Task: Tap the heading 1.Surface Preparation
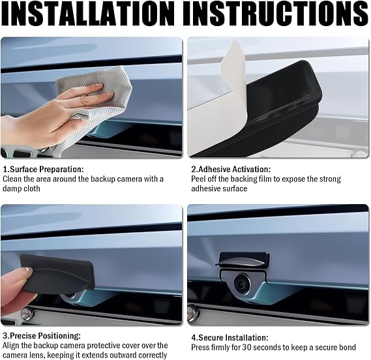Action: tap(43, 170)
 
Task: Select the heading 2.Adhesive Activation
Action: tap(231, 170)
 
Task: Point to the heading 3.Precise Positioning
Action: tap(42, 336)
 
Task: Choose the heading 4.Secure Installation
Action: tap(230, 338)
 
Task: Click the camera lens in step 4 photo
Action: tap(243, 284)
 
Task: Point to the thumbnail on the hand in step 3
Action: tap(29, 270)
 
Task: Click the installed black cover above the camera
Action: tap(244, 260)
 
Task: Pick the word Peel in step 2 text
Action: tap(198, 179)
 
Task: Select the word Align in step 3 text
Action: tap(10, 346)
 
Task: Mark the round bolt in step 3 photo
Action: tap(26, 314)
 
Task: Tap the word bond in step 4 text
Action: tap(347, 348)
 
